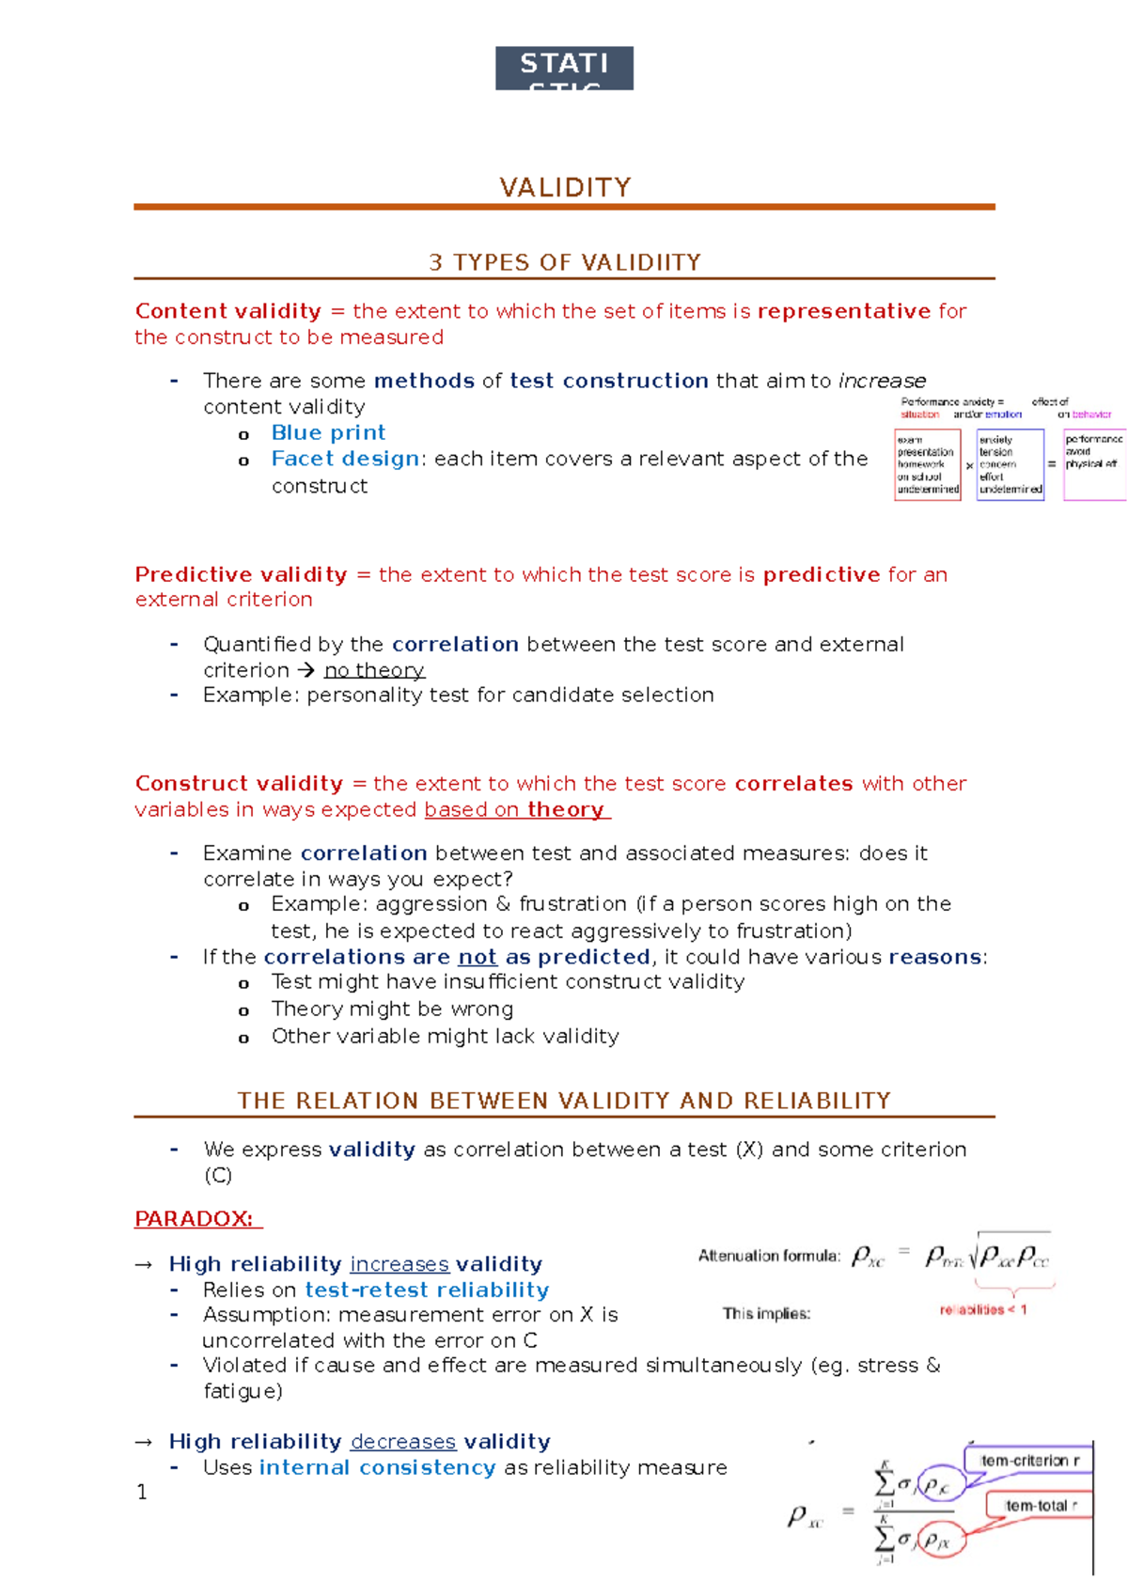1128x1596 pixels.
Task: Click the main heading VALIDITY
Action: (x=565, y=187)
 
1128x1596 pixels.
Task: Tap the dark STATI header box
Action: (x=564, y=68)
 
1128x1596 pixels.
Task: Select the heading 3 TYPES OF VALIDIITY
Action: (x=565, y=262)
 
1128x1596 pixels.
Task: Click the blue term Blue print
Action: (x=328, y=432)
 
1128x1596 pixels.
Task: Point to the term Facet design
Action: (x=345, y=459)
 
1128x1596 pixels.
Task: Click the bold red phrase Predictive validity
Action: (x=241, y=574)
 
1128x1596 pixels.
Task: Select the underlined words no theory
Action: (x=374, y=670)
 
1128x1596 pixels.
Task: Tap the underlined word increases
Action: (x=399, y=1263)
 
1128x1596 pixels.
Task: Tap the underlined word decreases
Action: (x=403, y=1441)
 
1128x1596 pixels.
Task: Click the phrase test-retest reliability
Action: (x=427, y=1290)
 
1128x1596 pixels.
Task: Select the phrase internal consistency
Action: (x=377, y=1467)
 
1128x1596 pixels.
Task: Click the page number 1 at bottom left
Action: (x=142, y=1492)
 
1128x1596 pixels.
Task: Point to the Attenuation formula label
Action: (x=769, y=1256)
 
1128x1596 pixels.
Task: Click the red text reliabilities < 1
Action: (x=983, y=1309)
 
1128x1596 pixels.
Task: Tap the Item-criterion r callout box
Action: (x=1028, y=1460)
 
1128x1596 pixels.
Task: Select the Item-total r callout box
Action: (x=1038, y=1505)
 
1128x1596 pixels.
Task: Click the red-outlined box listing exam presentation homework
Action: (x=928, y=464)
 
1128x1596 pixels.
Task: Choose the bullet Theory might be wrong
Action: (x=392, y=1009)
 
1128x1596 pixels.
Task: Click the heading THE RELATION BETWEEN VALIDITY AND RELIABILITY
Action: (x=564, y=1101)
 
